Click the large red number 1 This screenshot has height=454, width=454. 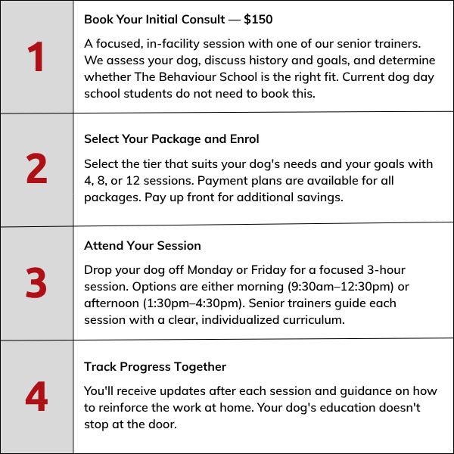coord(36,58)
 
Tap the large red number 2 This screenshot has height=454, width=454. coord(36,169)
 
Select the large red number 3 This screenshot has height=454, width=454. coord(36,283)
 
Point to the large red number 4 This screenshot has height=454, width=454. coord(36,396)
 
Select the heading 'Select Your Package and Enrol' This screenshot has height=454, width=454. coord(172,139)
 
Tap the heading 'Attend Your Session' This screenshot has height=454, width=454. coord(142,247)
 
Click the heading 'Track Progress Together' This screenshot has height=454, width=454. coord(155,367)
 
